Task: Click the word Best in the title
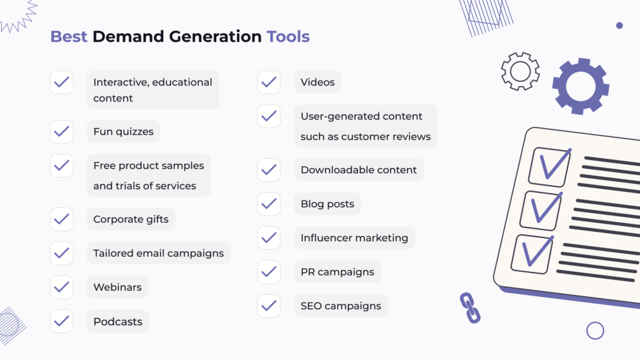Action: [x=69, y=36]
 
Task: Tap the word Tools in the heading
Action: [x=288, y=36]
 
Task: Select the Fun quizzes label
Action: [x=123, y=132]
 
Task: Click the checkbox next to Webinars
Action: [x=62, y=287]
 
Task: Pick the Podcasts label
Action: [x=117, y=322]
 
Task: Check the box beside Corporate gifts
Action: [x=62, y=219]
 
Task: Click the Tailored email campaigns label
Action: [x=158, y=253]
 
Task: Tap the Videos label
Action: [x=317, y=82]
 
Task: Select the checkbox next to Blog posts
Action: [x=269, y=204]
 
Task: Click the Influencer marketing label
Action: [x=354, y=237]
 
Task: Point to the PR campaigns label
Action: [x=337, y=272]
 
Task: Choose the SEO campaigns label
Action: [x=341, y=306]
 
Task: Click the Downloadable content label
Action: [x=359, y=169]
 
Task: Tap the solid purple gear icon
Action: [x=580, y=86]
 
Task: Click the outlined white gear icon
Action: [x=520, y=71]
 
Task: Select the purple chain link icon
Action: [x=470, y=307]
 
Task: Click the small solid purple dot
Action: [x=619, y=26]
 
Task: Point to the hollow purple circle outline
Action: [x=595, y=331]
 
